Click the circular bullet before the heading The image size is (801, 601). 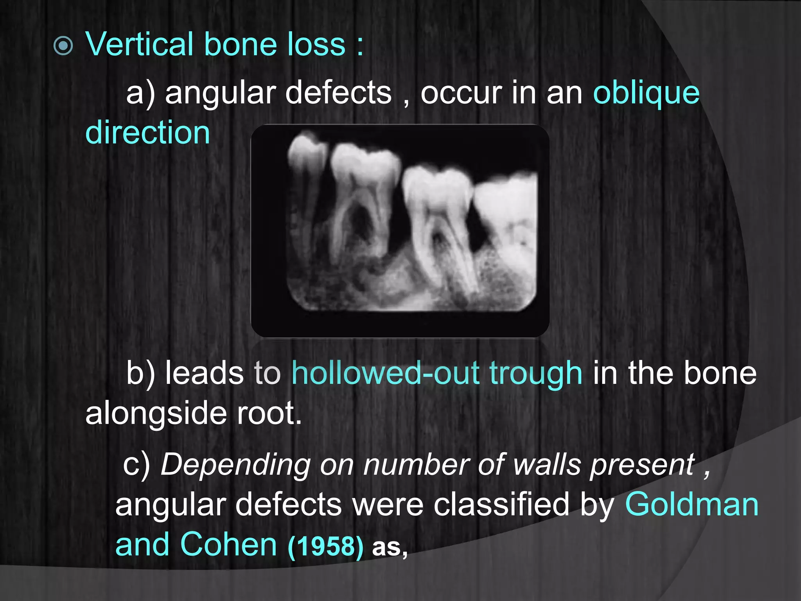[63, 46]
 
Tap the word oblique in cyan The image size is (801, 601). [646, 94]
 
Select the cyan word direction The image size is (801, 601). [147, 133]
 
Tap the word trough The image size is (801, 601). [535, 374]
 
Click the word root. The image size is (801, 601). [269, 413]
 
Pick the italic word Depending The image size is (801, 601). [235, 465]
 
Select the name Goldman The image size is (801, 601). [691, 504]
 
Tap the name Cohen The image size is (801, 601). [228, 545]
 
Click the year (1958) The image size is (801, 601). [325, 546]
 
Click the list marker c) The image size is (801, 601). [136, 465]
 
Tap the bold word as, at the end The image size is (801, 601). [390, 547]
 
